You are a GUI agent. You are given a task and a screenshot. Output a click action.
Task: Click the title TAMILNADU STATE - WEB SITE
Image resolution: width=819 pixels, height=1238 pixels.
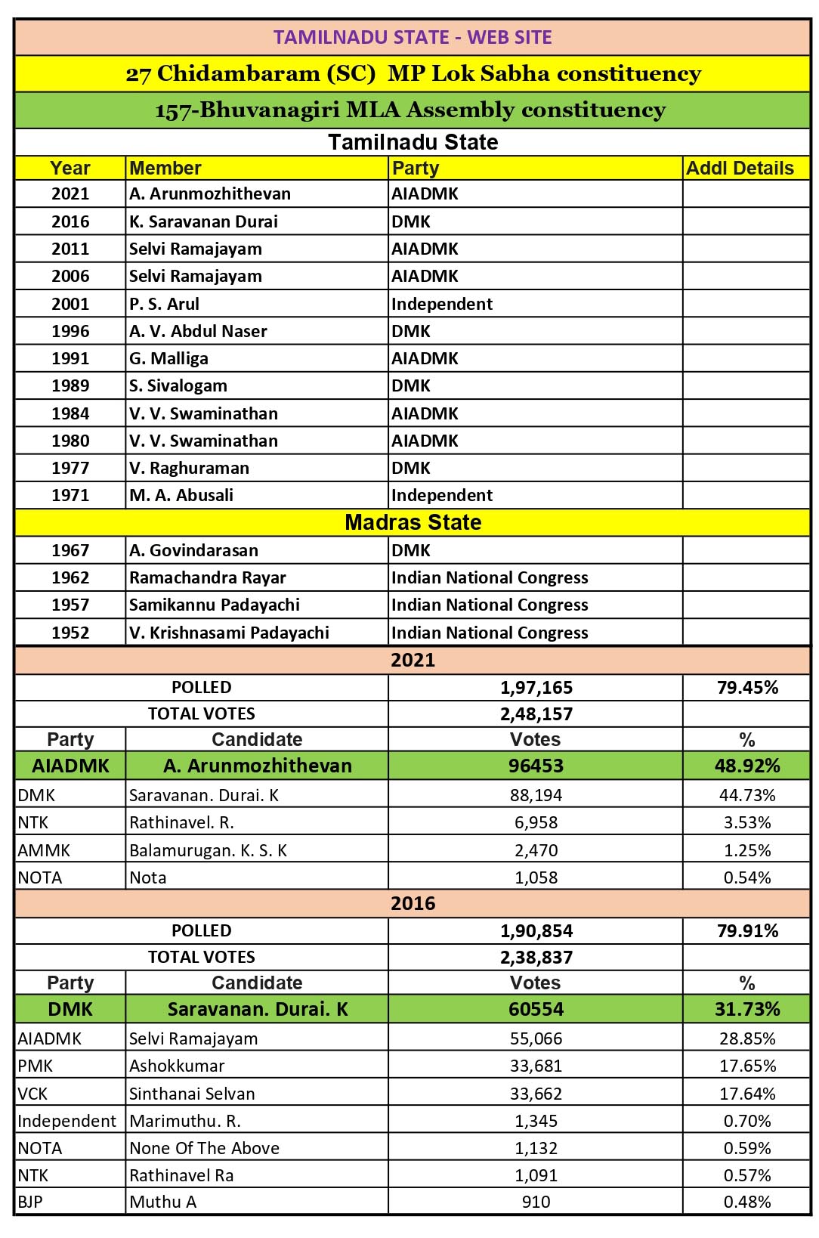click(412, 37)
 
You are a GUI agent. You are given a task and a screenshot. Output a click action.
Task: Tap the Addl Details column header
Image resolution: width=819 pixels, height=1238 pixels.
click(740, 169)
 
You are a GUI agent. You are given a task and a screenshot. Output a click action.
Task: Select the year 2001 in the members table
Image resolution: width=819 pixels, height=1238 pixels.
click(70, 304)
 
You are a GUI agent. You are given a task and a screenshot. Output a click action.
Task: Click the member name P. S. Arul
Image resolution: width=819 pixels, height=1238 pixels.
click(165, 304)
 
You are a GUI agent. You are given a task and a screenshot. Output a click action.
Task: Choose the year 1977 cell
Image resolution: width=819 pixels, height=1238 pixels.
click(70, 468)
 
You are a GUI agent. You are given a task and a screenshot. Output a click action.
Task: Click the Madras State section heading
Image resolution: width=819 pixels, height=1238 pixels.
click(413, 522)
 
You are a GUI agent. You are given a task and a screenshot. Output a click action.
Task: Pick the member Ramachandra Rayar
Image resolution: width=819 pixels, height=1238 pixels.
click(208, 577)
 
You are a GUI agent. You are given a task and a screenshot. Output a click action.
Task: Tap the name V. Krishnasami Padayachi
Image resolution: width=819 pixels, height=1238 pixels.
click(229, 633)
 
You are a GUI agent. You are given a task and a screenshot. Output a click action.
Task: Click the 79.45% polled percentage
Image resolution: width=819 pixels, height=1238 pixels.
click(747, 687)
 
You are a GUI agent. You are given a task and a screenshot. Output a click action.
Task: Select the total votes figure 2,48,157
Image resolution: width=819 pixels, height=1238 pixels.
click(536, 713)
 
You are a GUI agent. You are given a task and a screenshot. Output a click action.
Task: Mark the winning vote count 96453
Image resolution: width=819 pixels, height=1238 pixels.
click(536, 766)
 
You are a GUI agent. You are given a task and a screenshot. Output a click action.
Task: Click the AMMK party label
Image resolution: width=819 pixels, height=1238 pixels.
click(44, 850)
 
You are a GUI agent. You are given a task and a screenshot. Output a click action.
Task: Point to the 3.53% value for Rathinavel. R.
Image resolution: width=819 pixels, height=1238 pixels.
click(747, 822)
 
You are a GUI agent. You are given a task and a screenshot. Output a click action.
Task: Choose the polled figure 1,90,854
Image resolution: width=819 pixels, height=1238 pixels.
click(536, 930)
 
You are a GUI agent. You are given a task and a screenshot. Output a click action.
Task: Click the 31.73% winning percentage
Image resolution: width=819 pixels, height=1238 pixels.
click(747, 1009)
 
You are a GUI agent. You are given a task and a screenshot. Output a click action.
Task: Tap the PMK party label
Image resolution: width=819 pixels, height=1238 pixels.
click(36, 1066)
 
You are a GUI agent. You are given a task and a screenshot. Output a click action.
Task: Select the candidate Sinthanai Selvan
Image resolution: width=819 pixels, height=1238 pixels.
click(192, 1094)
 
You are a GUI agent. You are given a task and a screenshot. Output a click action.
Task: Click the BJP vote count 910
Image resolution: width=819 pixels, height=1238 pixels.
click(536, 1202)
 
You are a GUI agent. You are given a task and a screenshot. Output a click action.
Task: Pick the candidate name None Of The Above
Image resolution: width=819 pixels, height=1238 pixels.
click(204, 1148)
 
